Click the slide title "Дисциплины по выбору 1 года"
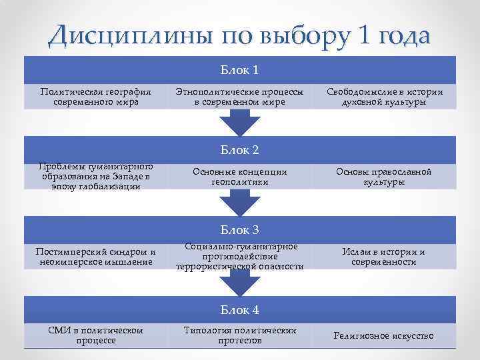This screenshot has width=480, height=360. click(239, 35)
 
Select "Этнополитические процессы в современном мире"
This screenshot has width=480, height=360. click(240, 97)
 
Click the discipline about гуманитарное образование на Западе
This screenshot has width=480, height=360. click(96, 177)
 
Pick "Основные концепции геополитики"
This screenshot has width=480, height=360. click(240, 177)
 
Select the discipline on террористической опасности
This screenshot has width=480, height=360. click(240, 257)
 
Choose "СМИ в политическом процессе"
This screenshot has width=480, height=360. click(96, 335)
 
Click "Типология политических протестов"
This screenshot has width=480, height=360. click(240, 335)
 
